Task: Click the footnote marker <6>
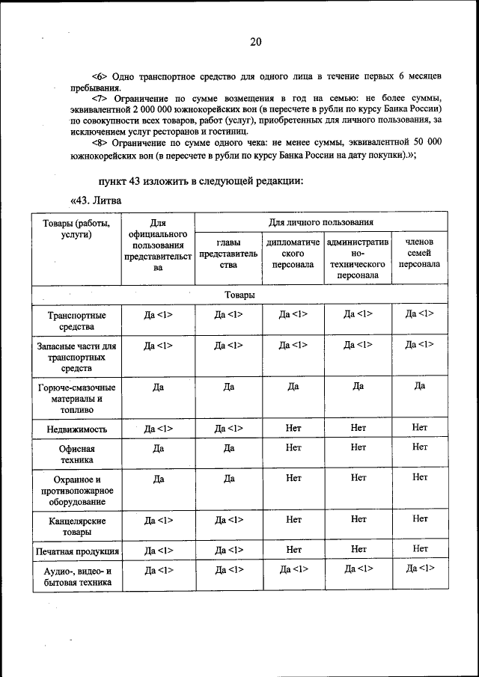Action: point(101,77)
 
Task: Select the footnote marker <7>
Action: point(101,99)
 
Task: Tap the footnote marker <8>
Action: point(101,141)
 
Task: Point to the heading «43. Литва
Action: point(96,200)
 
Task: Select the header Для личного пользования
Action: point(321,223)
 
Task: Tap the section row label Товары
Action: point(239,295)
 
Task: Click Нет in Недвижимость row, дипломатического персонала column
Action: point(293,429)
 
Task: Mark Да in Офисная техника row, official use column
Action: point(158,447)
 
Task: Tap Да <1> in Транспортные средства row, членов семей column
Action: point(419,314)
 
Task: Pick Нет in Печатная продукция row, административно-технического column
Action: point(358,550)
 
